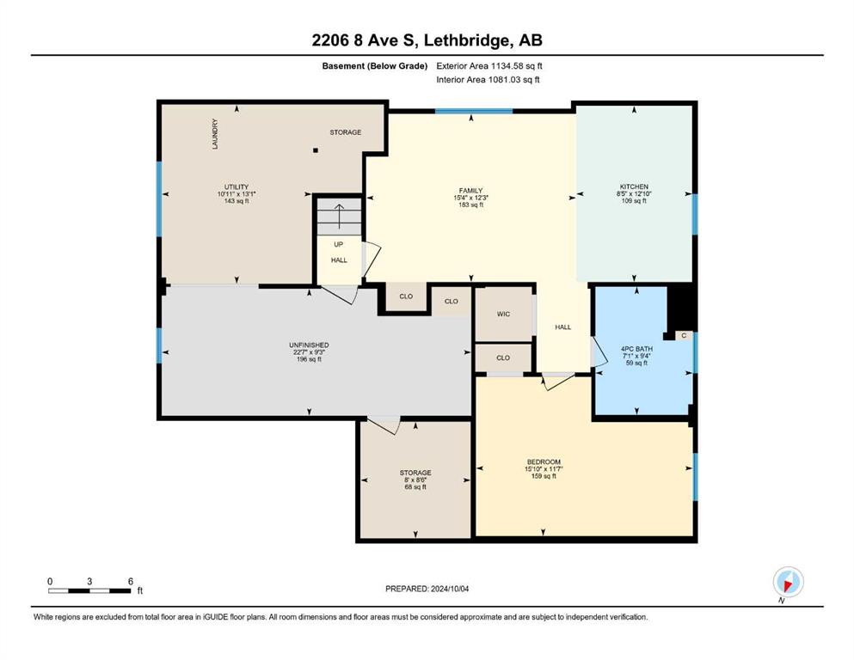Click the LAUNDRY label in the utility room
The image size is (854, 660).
(215, 134)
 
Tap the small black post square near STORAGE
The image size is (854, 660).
(316, 150)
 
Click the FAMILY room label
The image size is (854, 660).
(470, 191)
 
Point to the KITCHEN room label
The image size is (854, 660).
(634, 186)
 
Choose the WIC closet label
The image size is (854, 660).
(503, 314)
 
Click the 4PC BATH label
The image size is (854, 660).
(636, 349)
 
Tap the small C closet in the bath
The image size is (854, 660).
(684, 336)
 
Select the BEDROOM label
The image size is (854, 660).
(544, 462)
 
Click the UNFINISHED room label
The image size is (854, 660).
(309, 345)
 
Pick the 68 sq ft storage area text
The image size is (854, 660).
(415, 487)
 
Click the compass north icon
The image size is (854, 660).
(788, 582)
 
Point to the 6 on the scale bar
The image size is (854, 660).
(131, 581)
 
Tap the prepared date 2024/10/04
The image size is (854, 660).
(450, 589)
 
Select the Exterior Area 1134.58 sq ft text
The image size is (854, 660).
(489, 66)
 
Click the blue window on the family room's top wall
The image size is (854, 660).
(474, 111)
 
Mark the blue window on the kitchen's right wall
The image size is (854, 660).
(695, 214)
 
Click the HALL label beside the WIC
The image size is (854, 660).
(563, 327)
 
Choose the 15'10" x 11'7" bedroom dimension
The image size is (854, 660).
(544, 469)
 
